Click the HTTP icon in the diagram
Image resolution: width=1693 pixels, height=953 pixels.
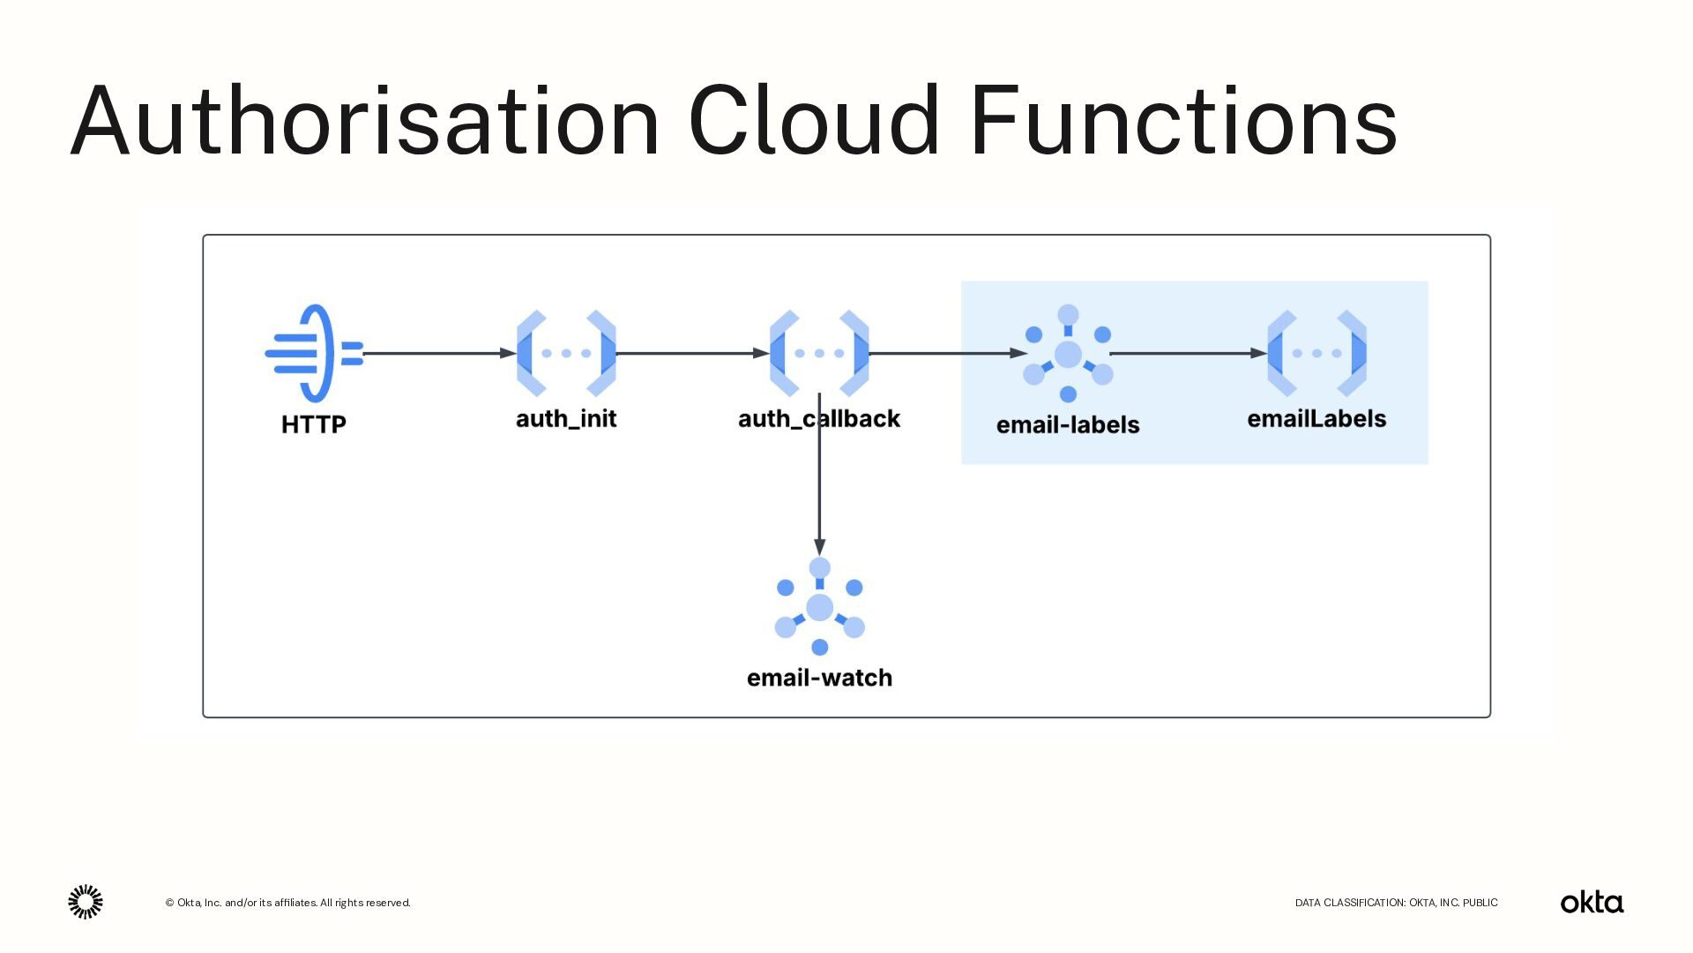(314, 353)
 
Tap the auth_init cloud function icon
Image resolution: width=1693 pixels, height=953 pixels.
(566, 353)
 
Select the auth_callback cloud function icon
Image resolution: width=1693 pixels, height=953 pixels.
(819, 353)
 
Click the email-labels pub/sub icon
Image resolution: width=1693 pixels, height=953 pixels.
(1068, 353)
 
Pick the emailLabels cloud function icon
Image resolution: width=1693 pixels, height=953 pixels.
(1316, 353)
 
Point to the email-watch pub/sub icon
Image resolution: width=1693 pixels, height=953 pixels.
(819, 607)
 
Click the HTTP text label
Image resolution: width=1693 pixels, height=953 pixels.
(314, 424)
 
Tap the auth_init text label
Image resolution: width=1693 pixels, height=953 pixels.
(566, 418)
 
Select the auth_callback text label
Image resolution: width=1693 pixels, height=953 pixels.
(819, 418)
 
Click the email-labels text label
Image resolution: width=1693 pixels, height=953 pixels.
(1068, 424)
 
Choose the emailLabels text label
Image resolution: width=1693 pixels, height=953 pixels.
(1316, 418)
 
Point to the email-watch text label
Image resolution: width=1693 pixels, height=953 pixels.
(819, 678)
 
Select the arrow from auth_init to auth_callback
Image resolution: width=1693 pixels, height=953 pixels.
(692, 353)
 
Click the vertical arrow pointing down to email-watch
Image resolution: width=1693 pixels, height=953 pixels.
(819, 494)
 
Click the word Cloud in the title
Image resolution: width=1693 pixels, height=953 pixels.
(813, 121)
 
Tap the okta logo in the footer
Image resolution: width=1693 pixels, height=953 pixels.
(1592, 902)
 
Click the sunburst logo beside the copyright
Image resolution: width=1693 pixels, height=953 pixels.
(86, 902)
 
